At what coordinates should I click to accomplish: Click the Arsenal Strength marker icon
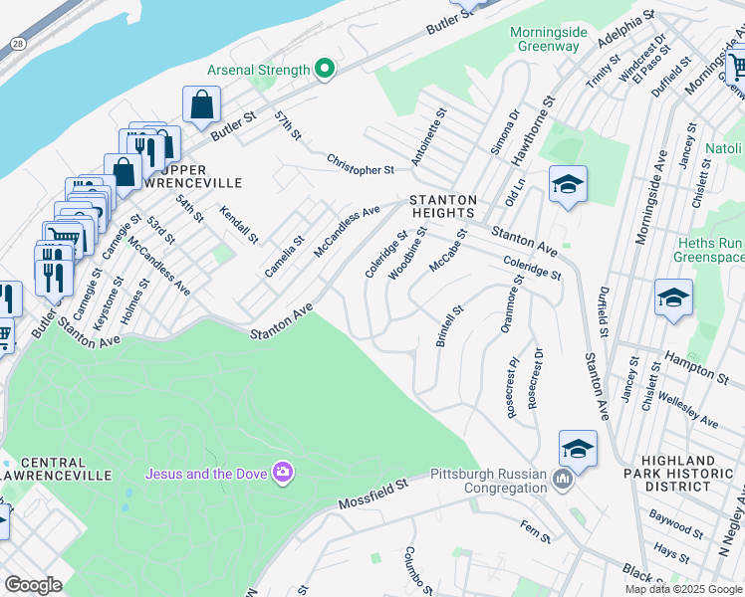(324, 70)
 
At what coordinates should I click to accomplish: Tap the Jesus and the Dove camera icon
(283, 472)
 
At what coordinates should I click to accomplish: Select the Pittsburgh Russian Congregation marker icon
(563, 483)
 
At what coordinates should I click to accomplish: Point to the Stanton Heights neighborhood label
(443, 206)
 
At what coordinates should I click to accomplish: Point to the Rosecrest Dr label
(535, 377)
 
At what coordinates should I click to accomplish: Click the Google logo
(33, 585)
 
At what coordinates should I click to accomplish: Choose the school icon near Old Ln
(568, 185)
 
